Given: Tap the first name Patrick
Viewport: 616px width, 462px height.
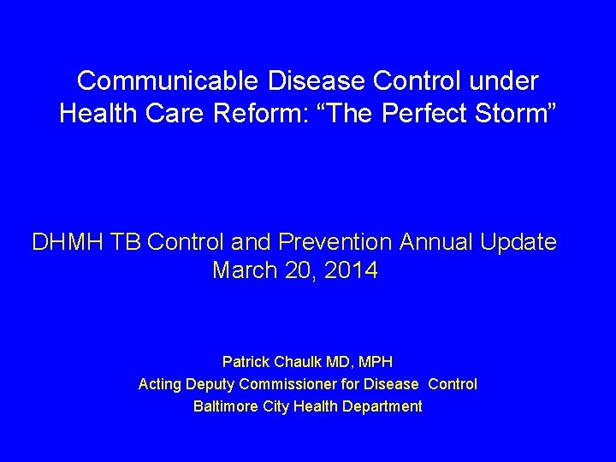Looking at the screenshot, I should click(246, 362).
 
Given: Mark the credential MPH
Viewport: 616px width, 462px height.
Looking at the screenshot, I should click(374, 362).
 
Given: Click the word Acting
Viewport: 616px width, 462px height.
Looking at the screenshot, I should click(158, 384).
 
